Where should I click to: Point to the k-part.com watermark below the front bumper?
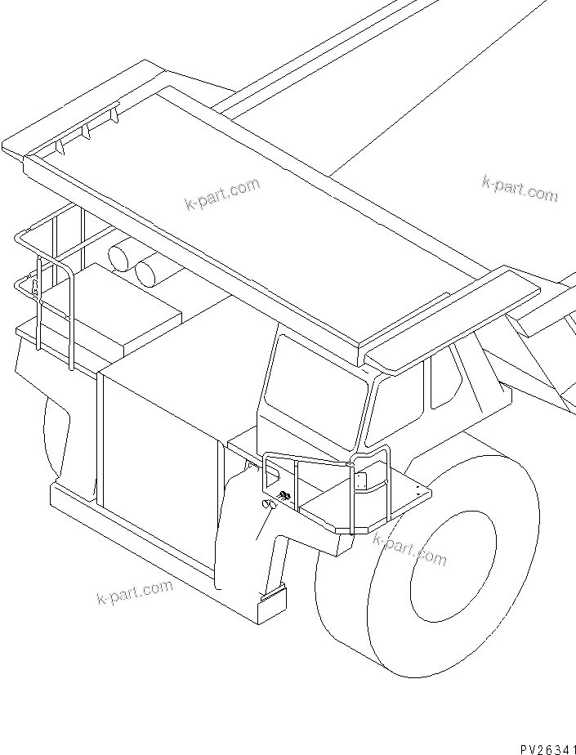(x=134, y=591)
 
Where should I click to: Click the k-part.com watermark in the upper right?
(x=519, y=190)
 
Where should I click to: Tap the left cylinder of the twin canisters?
(x=124, y=257)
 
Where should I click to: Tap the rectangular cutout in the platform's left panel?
(x=273, y=471)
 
